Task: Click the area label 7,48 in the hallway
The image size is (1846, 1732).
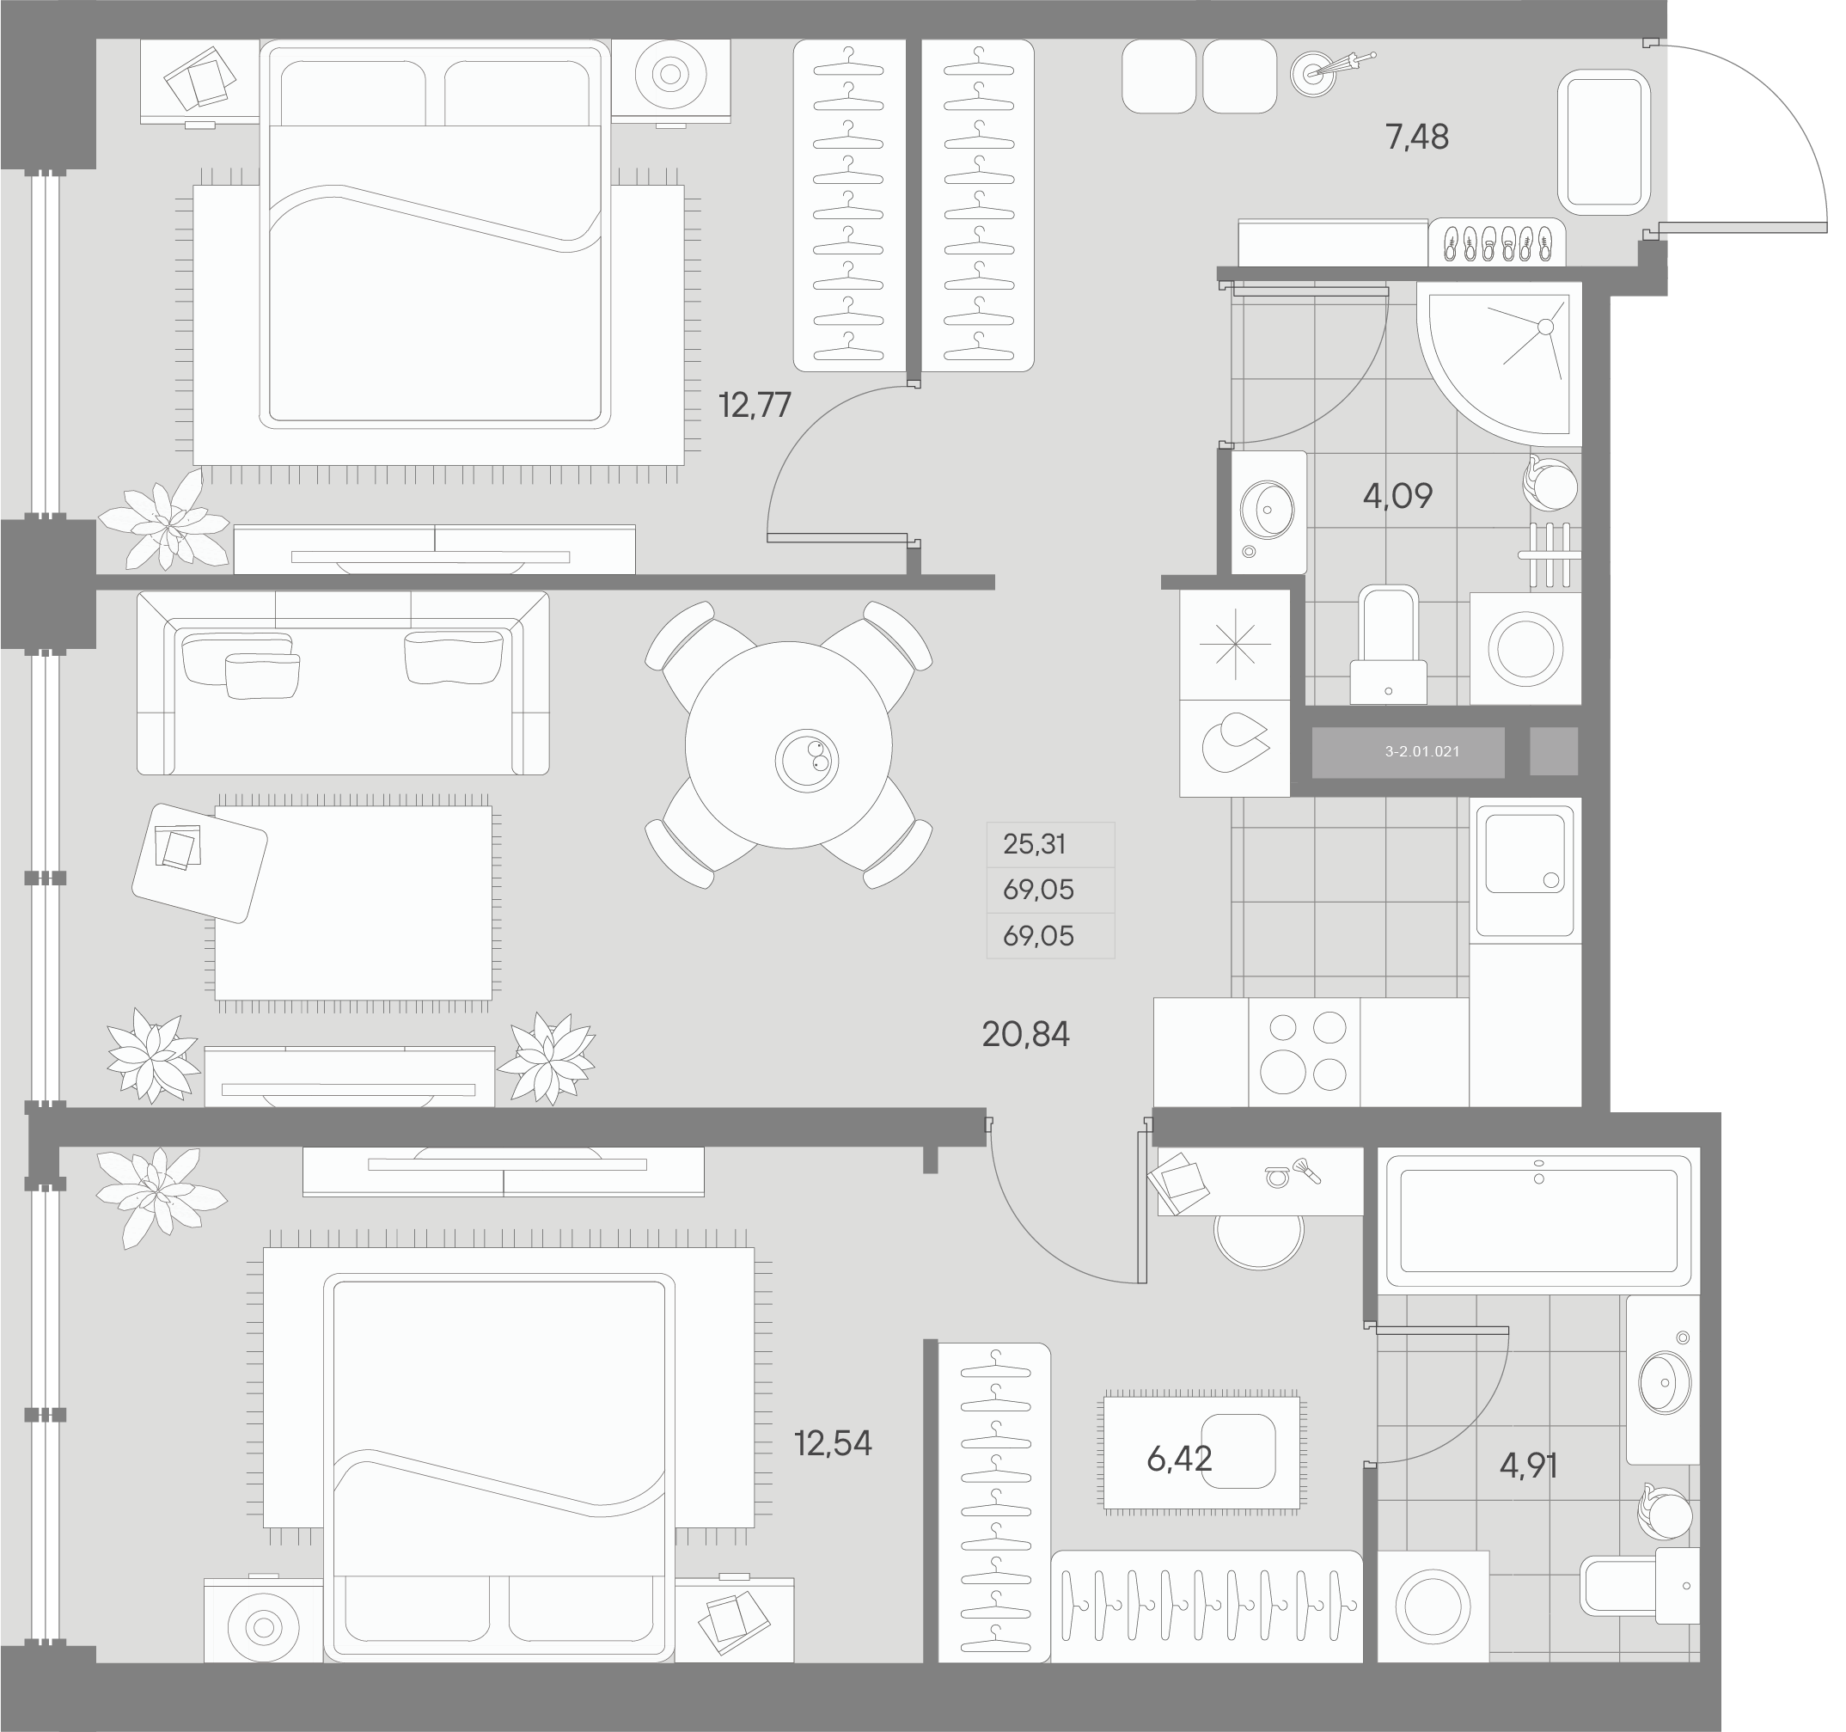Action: pyautogui.click(x=1416, y=138)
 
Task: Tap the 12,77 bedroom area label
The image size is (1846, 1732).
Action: pyautogui.click(x=754, y=406)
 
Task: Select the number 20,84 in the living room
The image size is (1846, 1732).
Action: pyautogui.click(x=1025, y=1034)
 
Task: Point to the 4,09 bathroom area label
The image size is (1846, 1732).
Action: pyautogui.click(x=1397, y=496)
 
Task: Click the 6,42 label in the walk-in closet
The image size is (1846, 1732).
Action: pyautogui.click(x=1178, y=1459)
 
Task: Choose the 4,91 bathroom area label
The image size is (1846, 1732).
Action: pyautogui.click(x=1528, y=1466)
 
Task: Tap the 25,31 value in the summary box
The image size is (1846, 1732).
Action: pyautogui.click(x=1035, y=844)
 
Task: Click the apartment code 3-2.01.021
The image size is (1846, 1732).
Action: pyautogui.click(x=1421, y=751)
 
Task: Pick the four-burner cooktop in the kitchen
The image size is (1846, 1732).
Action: pyautogui.click(x=1303, y=1052)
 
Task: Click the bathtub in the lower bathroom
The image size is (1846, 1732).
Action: pyautogui.click(x=1537, y=1220)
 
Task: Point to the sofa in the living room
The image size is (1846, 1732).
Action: pyautogui.click(x=343, y=683)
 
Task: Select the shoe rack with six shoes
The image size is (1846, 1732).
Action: pyautogui.click(x=1496, y=243)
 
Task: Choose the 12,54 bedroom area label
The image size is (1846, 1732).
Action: pyautogui.click(x=832, y=1443)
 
